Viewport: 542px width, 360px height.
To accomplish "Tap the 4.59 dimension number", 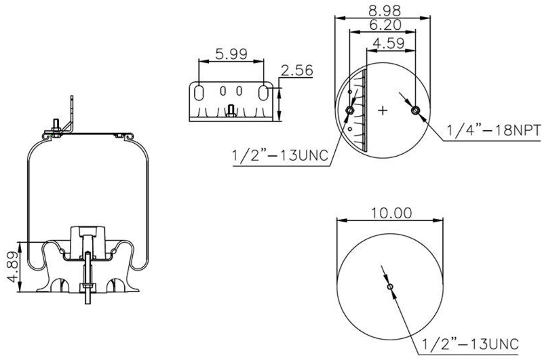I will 388,43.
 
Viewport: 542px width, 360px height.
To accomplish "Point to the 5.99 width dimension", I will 231,53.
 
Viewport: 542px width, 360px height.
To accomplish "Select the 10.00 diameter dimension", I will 391,213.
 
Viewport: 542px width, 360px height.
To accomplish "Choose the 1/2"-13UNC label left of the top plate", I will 279,156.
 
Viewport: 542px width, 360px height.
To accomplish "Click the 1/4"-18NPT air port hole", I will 416,110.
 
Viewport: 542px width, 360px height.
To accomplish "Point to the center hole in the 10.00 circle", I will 391,287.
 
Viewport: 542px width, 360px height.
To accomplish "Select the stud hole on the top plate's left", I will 350,110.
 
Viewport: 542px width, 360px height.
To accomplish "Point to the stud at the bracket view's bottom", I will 231,111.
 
